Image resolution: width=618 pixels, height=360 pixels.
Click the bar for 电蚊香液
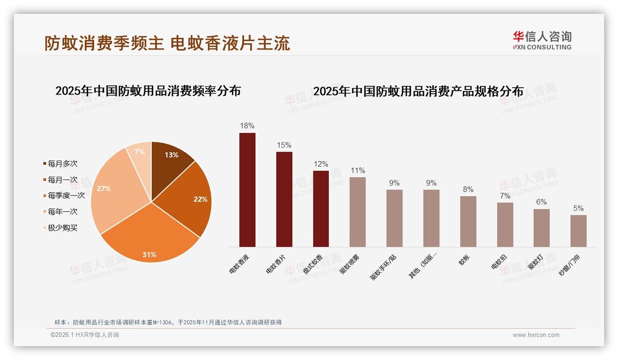[247, 190]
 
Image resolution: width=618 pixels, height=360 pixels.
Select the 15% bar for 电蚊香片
[284, 199]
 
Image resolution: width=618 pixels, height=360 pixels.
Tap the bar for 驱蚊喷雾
[357, 212]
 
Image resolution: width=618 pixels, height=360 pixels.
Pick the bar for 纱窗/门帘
[578, 231]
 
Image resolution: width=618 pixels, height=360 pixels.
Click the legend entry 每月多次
[62, 164]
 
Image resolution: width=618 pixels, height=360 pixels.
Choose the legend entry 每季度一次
[66, 196]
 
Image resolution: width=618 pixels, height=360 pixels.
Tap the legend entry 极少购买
[62, 228]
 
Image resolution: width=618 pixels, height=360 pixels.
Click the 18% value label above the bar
[247, 126]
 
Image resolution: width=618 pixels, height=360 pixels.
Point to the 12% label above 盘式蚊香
[321, 164]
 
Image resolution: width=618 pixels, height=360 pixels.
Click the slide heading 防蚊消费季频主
[104, 43]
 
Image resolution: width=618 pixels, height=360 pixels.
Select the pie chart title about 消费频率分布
[148, 91]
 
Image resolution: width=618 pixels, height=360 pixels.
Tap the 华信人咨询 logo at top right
[542, 40]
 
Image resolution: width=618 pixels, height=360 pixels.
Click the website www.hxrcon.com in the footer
[536, 335]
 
